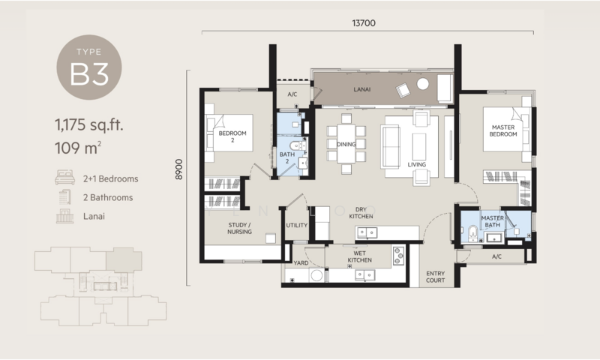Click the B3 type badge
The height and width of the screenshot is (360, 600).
[x=89, y=67]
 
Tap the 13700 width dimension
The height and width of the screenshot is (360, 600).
[x=364, y=23]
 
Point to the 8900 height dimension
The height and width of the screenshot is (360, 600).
[x=178, y=169]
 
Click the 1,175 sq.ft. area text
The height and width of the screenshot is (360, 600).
[x=88, y=124]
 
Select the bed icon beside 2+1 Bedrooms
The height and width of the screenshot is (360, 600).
[x=64, y=178]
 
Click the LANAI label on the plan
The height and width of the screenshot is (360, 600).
[x=361, y=89]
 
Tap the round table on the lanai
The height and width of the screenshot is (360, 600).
[x=422, y=84]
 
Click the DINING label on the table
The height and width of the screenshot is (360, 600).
[x=346, y=144]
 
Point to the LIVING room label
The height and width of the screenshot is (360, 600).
[x=417, y=164]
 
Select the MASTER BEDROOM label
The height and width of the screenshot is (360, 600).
[x=503, y=130]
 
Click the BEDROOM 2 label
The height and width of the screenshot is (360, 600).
[x=232, y=136]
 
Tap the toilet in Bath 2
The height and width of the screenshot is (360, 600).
[x=296, y=145]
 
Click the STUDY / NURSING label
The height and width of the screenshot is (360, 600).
[x=239, y=228]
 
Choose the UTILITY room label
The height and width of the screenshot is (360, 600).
[x=296, y=225]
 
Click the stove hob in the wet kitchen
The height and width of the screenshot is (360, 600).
[x=398, y=256]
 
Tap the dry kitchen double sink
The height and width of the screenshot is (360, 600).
[x=367, y=232]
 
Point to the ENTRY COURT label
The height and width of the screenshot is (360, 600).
[x=436, y=277]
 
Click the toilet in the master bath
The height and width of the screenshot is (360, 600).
[x=473, y=233]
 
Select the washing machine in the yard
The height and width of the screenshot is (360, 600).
[x=316, y=275]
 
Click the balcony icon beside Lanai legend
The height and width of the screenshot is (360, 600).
[x=64, y=216]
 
